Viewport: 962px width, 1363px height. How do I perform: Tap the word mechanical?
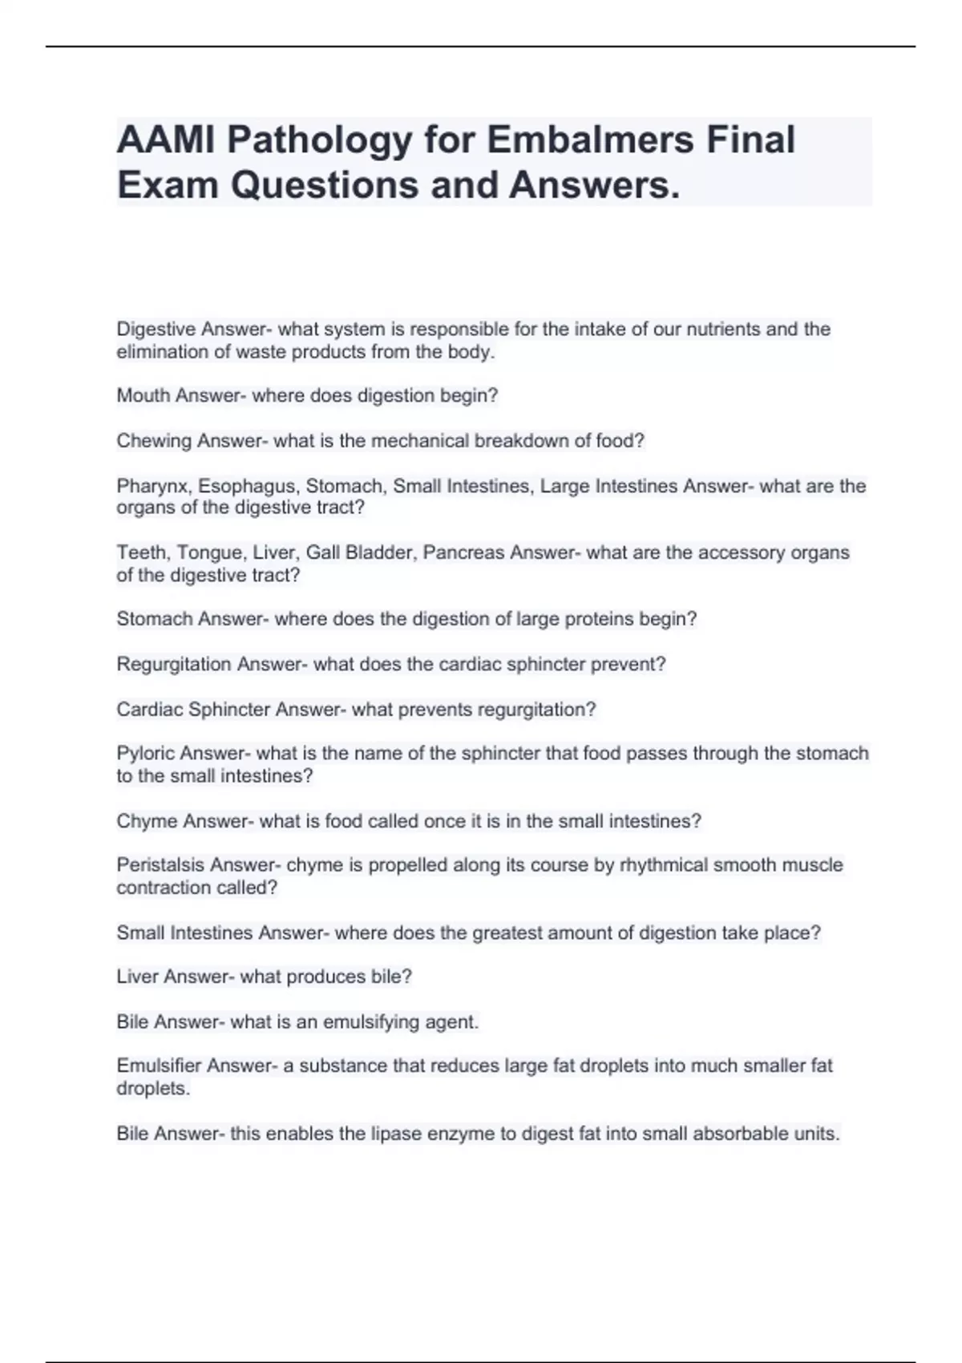pyautogui.click(x=419, y=441)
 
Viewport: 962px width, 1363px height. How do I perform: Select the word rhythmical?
pyautogui.click(x=664, y=866)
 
